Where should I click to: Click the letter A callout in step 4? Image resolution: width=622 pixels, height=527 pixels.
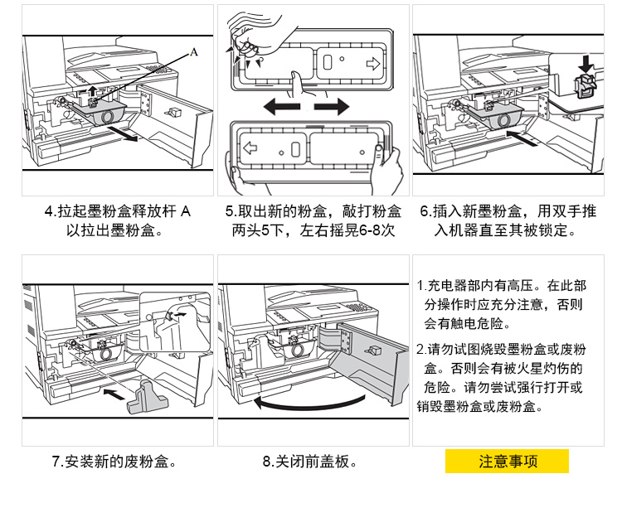tap(194, 52)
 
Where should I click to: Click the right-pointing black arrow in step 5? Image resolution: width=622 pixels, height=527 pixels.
tap(333, 107)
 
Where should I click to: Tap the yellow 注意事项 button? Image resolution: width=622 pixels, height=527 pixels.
tap(508, 462)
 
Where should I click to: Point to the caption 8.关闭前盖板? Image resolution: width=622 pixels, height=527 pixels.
tap(309, 462)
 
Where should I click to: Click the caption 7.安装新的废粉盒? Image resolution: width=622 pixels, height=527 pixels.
tap(114, 462)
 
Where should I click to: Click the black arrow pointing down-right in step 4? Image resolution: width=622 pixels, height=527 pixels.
tap(128, 135)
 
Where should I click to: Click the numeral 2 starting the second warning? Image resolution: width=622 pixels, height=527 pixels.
tap(420, 348)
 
